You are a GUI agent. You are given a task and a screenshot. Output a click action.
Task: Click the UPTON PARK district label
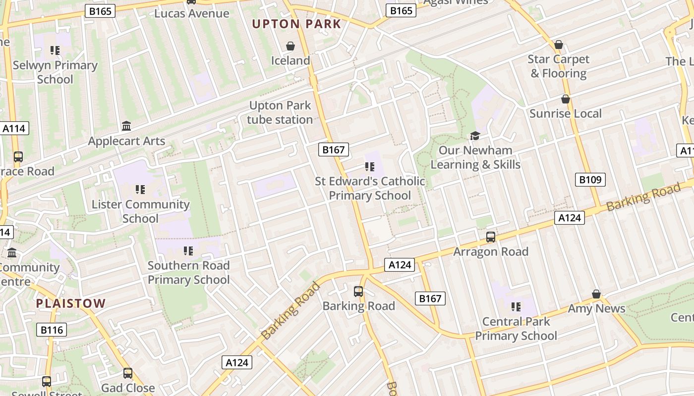click(x=296, y=24)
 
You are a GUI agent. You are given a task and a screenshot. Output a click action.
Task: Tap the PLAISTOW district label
click(x=71, y=303)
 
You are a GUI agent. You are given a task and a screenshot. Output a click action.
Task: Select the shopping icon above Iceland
click(x=290, y=46)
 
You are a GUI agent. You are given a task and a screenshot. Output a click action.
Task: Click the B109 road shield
click(x=590, y=180)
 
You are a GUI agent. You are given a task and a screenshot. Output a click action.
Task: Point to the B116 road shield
click(x=52, y=330)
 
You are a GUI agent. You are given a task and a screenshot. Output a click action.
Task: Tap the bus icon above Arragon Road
click(x=491, y=237)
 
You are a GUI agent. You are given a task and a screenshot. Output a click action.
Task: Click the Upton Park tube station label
click(x=280, y=112)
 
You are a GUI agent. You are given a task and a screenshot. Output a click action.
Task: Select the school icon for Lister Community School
click(x=140, y=190)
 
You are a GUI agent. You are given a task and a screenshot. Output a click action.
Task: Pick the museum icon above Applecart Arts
click(x=126, y=126)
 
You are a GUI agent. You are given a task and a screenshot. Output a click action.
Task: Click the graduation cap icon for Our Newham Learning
click(x=475, y=136)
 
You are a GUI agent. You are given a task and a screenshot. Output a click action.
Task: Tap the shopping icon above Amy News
click(x=596, y=294)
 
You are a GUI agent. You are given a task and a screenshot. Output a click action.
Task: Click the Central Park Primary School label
click(x=516, y=329)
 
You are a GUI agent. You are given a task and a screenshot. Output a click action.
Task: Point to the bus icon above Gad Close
click(x=128, y=373)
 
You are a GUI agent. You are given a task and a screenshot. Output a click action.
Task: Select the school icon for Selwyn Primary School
click(x=55, y=50)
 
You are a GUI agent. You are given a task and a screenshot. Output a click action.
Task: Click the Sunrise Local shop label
click(x=565, y=113)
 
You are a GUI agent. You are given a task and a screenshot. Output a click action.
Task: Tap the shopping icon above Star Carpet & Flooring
click(x=559, y=45)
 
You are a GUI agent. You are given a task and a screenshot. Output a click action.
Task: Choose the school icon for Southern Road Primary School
click(x=188, y=251)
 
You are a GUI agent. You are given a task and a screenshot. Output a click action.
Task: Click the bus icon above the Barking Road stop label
click(x=358, y=292)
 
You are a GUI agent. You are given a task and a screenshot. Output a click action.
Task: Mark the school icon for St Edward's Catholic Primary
click(x=370, y=167)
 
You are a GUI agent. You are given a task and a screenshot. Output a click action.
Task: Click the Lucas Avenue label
click(x=191, y=13)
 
